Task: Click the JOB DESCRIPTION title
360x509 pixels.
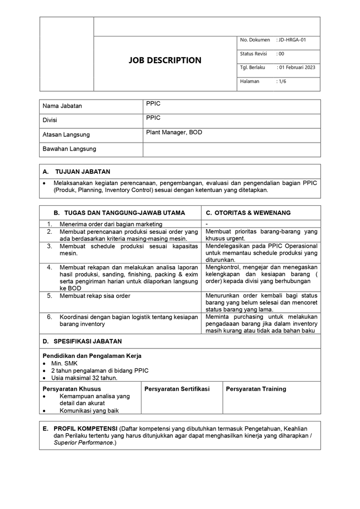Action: click(165, 60)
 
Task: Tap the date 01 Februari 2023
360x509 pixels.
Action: click(297, 67)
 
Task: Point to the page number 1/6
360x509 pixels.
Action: click(282, 81)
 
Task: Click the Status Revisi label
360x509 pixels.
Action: click(253, 54)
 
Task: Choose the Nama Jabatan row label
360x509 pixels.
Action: click(63, 106)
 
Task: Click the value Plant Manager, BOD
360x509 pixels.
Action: click(174, 133)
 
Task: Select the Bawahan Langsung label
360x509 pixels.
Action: click(69, 149)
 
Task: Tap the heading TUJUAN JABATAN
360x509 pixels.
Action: click(83, 172)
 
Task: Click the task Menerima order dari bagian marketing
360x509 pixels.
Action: click(111, 224)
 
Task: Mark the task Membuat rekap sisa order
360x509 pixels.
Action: click(95, 295)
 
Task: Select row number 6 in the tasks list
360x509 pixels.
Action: click(49, 317)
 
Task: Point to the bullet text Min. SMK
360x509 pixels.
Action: click(64, 363)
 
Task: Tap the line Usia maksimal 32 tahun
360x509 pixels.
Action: click(84, 378)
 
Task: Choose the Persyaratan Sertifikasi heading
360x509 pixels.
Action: click(177, 389)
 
